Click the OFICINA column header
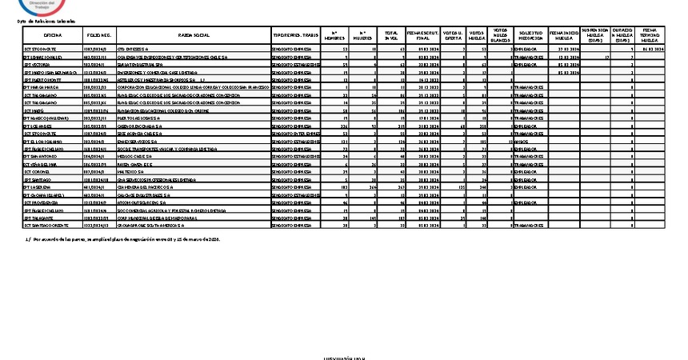54,36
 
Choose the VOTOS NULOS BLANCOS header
500,36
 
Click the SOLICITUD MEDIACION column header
530,36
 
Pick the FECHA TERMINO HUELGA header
649,36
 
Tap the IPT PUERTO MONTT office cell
44,80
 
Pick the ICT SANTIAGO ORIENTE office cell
48,225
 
